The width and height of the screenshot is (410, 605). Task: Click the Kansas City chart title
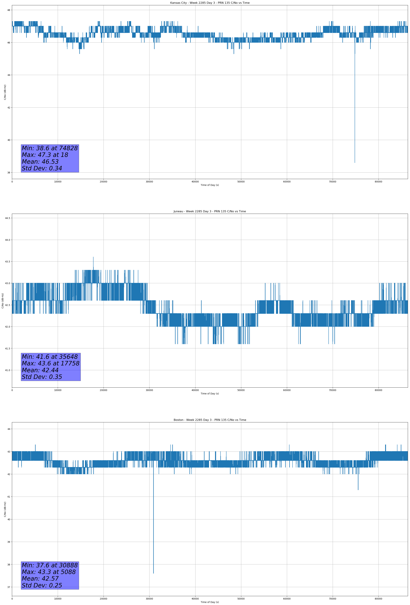coord(210,3)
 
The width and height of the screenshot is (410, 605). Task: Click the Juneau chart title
coord(210,211)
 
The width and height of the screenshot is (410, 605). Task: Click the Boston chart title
coord(210,420)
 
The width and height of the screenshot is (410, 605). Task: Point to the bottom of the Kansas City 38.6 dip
coord(355,163)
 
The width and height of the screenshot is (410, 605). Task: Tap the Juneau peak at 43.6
coord(93,257)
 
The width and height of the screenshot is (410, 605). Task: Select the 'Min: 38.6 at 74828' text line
coord(50,148)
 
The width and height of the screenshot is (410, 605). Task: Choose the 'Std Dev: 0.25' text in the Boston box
coord(42,585)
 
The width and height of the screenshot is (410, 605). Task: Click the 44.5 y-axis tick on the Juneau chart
coord(8,218)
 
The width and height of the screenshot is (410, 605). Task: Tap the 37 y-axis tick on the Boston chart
coord(9,587)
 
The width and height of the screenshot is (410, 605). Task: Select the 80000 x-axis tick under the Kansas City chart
coord(379,182)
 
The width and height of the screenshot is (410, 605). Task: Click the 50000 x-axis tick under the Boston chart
coord(241,599)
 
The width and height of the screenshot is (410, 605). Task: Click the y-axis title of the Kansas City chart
coord(5,92)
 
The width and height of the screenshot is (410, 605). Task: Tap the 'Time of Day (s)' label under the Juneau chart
coord(210,394)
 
